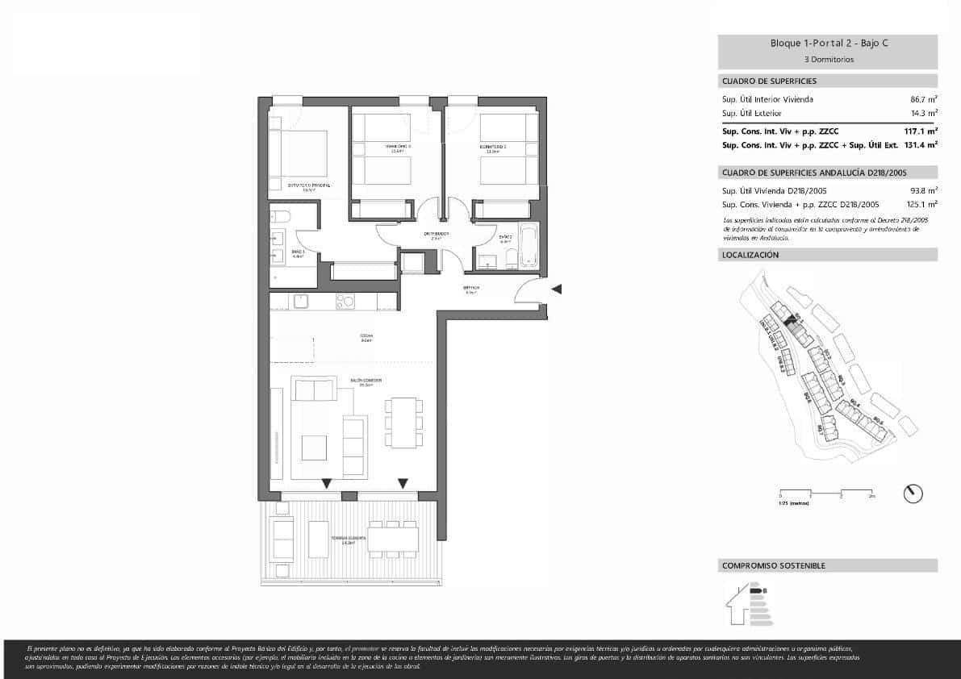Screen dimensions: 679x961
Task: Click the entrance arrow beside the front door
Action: coord(557,289)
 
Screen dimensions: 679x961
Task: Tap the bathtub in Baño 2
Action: coord(529,245)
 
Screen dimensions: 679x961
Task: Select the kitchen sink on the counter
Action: coord(301,301)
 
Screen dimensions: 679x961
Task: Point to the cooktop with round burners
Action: coord(345,302)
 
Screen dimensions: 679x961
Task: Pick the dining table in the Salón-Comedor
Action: coord(402,422)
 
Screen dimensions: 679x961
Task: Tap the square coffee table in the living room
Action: coord(314,448)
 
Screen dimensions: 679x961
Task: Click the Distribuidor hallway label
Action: coord(436,235)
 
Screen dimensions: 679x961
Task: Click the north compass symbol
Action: coord(913,493)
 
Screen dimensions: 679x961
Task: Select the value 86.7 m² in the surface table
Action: coord(923,99)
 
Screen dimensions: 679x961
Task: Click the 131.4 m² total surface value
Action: coord(921,145)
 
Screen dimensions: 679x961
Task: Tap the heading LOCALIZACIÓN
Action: coord(750,255)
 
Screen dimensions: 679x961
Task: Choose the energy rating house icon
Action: coord(746,604)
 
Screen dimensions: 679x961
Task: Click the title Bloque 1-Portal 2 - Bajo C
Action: coord(829,44)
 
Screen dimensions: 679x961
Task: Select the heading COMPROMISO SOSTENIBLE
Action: coord(774,566)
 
